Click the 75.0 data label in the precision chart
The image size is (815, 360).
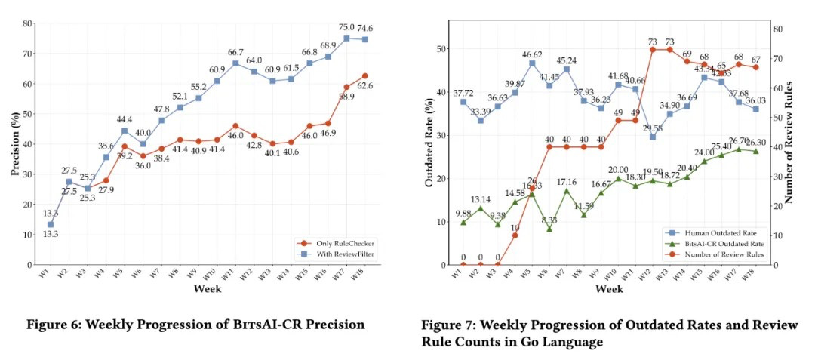tap(346, 28)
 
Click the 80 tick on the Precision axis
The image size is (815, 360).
tap(28, 23)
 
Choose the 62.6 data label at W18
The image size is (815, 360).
tap(365, 86)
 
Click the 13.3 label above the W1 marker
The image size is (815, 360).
tap(50, 214)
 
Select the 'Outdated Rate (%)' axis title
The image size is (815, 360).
tap(427, 145)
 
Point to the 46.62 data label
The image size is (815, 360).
tap(533, 54)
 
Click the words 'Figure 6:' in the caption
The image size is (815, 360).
tap(53, 325)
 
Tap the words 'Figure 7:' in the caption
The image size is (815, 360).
tap(447, 325)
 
